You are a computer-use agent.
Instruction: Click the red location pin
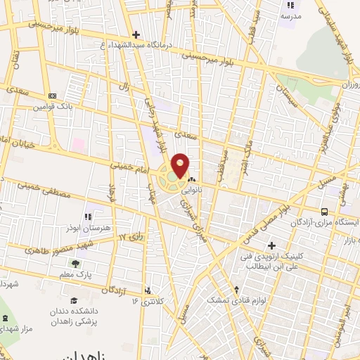(181, 165)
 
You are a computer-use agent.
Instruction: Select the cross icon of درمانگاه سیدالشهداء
(136, 34)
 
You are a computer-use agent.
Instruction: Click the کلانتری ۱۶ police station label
(150, 301)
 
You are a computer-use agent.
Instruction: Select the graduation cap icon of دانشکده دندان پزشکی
(73, 300)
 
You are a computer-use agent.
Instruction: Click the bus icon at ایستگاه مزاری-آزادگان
(324, 212)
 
